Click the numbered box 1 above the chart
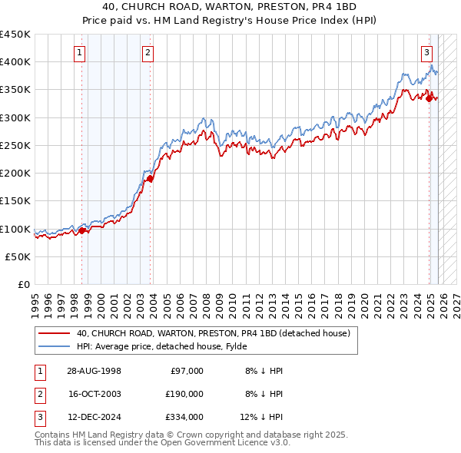click(81, 53)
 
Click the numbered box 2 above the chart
click(148, 53)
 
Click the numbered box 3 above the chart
click(426, 53)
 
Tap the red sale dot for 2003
click(150, 179)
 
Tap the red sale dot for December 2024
click(429, 98)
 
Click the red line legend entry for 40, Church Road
click(213, 333)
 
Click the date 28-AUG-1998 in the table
click(95, 370)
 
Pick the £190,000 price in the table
click(184, 394)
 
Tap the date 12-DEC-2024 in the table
click(95, 417)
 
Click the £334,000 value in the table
click(184, 417)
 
